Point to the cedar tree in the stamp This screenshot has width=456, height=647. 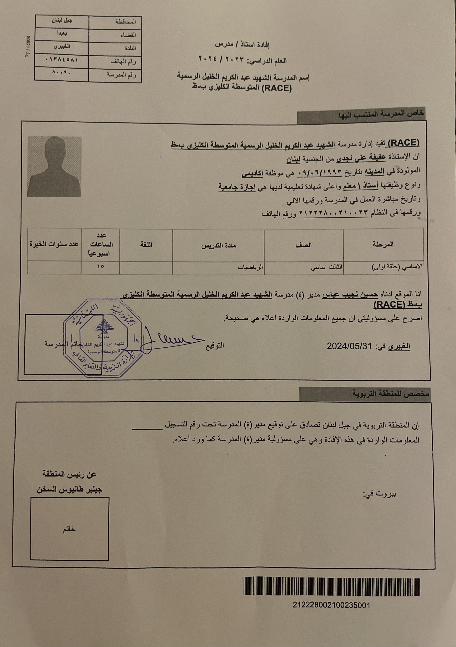point(105,326)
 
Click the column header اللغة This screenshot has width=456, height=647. point(146,245)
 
